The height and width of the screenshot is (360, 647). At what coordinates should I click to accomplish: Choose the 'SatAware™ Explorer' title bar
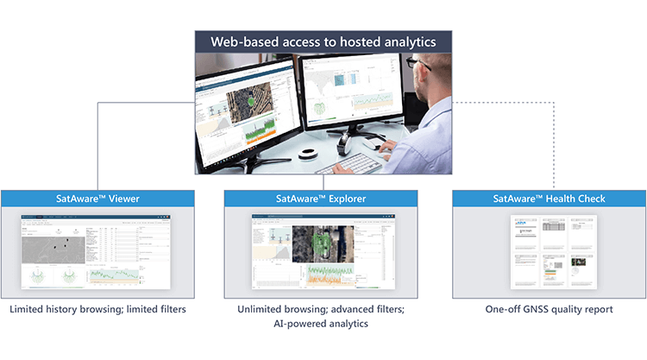321,198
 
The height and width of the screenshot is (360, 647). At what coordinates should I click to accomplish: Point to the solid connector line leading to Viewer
97,147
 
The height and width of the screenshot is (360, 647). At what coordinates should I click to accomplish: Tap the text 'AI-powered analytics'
321,324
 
